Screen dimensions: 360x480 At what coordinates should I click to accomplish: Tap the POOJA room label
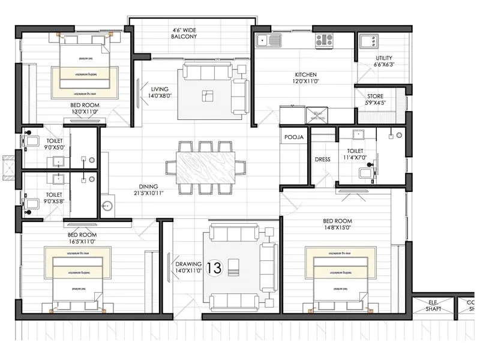(x=294, y=137)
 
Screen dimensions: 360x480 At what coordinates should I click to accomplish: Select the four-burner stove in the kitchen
(x=324, y=40)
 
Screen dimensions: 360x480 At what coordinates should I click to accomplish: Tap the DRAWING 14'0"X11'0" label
(x=187, y=268)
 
